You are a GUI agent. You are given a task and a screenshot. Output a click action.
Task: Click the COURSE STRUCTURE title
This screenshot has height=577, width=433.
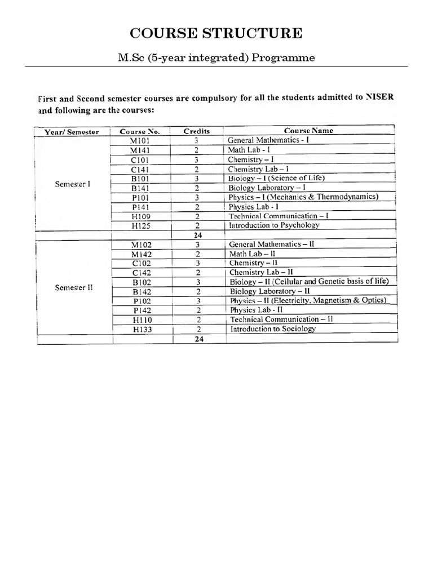pyautogui.click(x=216, y=33)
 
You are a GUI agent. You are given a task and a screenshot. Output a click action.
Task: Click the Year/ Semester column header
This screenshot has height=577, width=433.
pyautogui.click(x=72, y=132)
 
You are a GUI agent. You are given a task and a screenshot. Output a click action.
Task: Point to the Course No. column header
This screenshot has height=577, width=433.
pyautogui.click(x=140, y=132)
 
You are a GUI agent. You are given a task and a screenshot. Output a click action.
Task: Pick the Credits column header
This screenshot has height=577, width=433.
pyautogui.click(x=197, y=131)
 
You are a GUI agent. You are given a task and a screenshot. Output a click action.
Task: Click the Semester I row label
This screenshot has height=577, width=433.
pyautogui.click(x=72, y=184)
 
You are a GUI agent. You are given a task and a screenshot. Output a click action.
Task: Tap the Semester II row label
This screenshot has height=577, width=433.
pyautogui.click(x=74, y=287)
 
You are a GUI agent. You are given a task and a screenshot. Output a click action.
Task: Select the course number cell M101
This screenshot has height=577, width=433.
pyautogui.click(x=140, y=140)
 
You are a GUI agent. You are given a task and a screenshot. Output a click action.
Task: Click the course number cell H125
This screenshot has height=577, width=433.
pyautogui.click(x=140, y=225)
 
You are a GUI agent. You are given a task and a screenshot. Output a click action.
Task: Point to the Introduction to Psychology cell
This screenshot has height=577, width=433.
pyautogui.click(x=273, y=225)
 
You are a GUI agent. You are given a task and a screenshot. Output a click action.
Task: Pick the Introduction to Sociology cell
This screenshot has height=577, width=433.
pyautogui.click(x=273, y=329)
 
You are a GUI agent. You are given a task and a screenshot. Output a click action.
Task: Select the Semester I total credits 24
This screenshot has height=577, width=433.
pyautogui.click(x=197, y=235)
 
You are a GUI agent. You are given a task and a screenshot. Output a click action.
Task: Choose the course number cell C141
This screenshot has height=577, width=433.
pyautogui.click(x=140, y=168)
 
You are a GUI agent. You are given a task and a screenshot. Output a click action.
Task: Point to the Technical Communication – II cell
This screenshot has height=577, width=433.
pyautogui.click(x=282, y=319)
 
